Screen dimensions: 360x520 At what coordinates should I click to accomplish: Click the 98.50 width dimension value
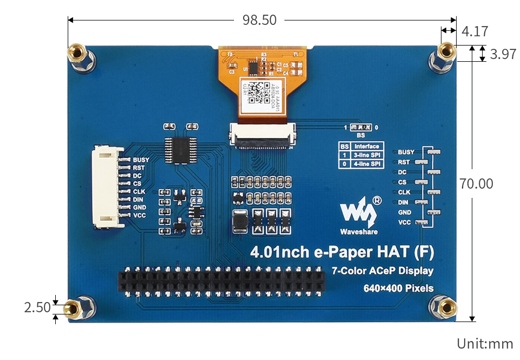[259, 20]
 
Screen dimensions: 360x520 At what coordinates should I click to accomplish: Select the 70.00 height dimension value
[476, 184]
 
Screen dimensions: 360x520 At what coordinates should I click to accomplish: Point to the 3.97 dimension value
[502, 54]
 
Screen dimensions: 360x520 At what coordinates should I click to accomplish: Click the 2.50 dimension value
[37, 308]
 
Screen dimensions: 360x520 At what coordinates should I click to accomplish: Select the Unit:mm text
[484, 343]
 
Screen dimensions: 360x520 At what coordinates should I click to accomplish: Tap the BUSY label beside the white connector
[141, 160]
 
